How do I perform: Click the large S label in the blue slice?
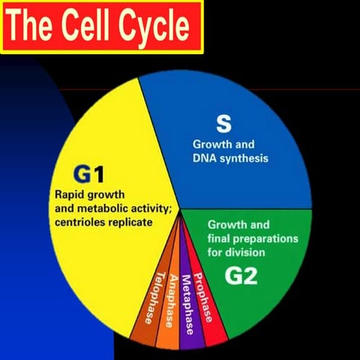(x=223, y=122)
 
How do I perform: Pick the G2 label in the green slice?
(x=241, y=275)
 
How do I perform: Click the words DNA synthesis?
(x=230, y=158)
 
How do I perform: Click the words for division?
(x=237, y=252)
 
